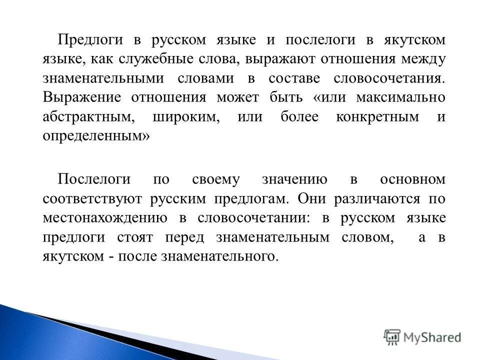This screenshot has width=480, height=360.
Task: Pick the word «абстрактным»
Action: click(88, 117)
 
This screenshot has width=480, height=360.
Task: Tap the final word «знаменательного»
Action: click(218, 256)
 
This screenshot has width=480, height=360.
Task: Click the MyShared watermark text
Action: click(432, 337)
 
